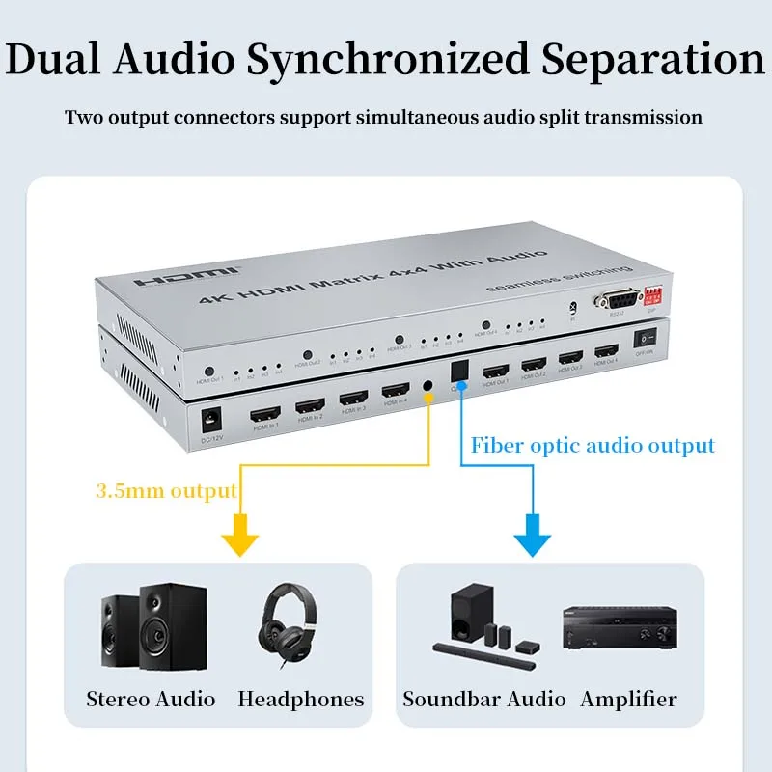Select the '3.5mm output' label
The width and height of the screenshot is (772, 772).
[166, 491]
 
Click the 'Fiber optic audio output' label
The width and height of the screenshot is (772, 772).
[593, 445]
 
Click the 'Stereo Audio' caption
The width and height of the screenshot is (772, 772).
[151, 699]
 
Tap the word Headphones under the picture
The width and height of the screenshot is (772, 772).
[301, 699]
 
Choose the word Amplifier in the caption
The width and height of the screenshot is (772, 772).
[628, 699]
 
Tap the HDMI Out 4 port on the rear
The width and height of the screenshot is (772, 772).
[606, 351]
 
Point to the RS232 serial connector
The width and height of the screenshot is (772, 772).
[612, 299]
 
